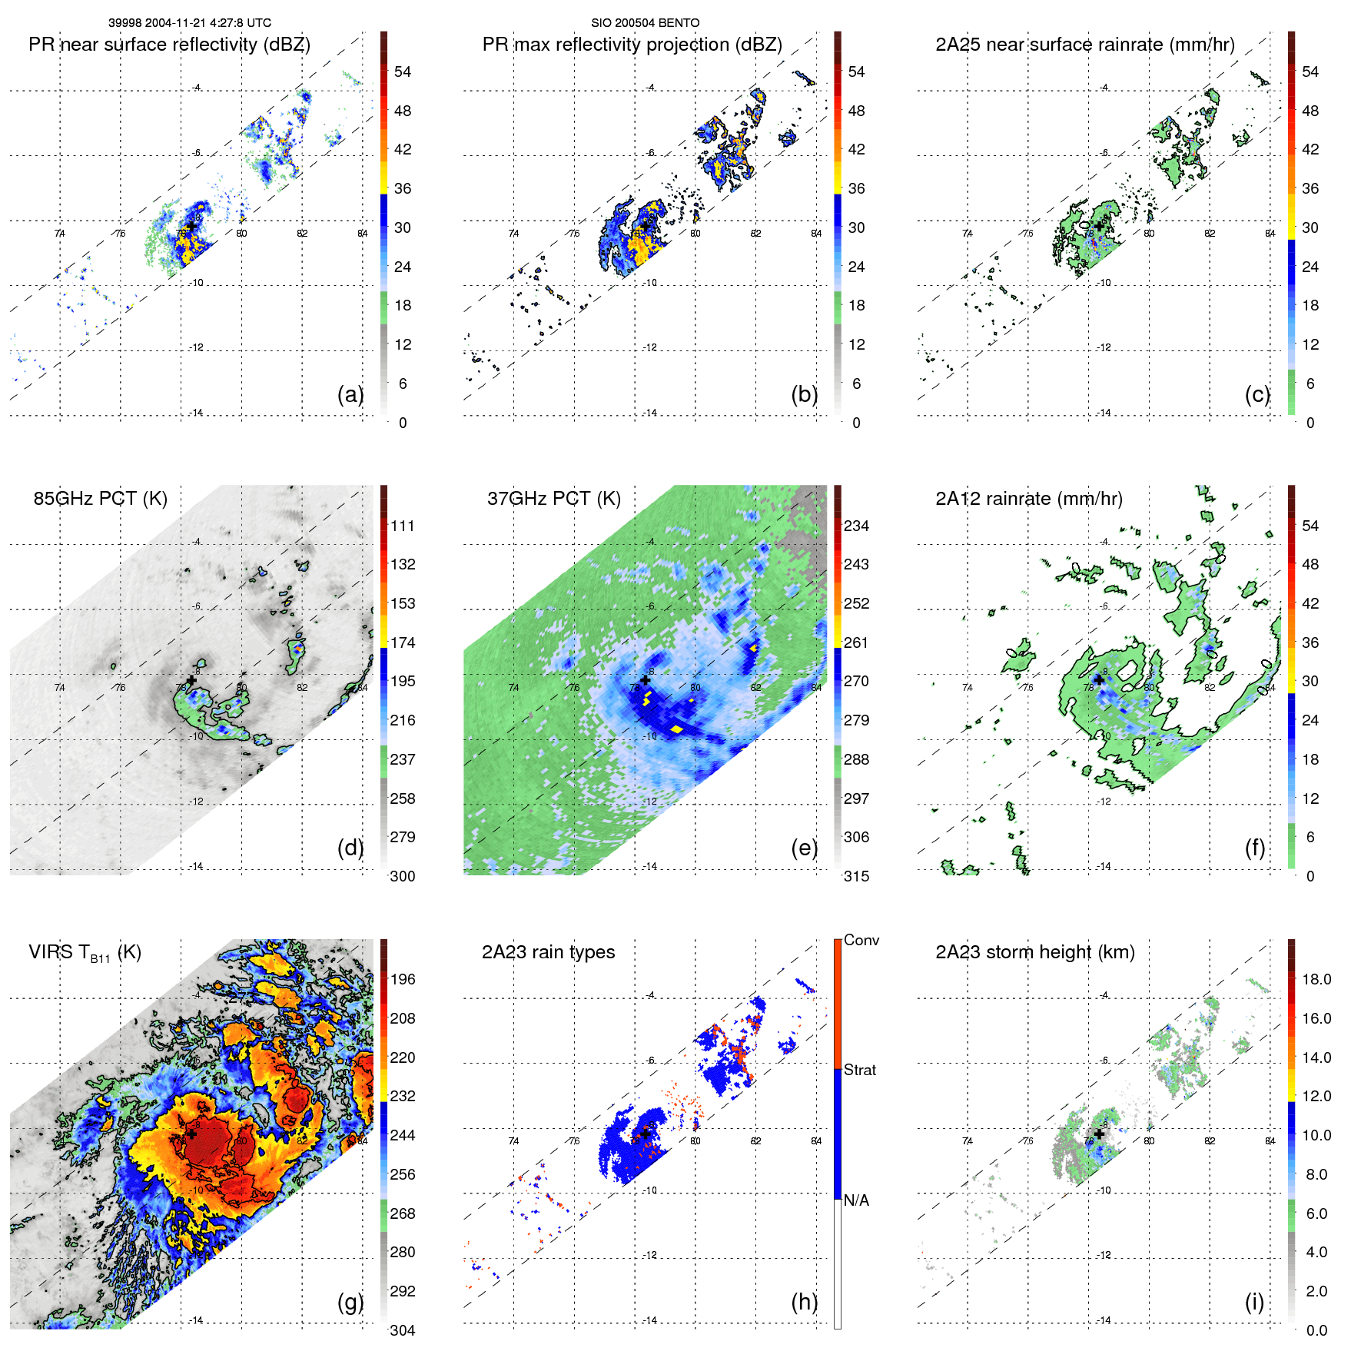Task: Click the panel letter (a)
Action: click(350, 394)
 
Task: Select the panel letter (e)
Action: click(804, 848)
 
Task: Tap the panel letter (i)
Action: click(1254, 1302)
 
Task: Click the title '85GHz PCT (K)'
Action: click(100, 498)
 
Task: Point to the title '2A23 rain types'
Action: click(548, 952)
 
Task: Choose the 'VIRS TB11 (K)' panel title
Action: click(85, 953)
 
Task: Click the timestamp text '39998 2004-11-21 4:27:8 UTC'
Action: click(189, 23)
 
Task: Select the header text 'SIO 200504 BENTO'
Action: click(645, 23)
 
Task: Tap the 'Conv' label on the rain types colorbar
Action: click(861, 940)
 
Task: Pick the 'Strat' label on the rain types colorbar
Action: click(860, 1070)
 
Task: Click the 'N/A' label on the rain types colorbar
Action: click(856, 1200)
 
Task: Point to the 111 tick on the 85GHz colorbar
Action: click(403, 526)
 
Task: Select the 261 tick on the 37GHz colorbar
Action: click(856, 642)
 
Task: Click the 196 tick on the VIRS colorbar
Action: click(403, 979)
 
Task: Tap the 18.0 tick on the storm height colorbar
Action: click(1316, 979)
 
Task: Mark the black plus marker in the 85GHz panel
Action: click(191, 680)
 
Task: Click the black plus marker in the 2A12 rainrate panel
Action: click(1099, 679)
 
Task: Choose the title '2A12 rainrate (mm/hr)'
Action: click(1028, 499)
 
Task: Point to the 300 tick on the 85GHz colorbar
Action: click(403, 876)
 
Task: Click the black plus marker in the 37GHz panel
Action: click(645, 680)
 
